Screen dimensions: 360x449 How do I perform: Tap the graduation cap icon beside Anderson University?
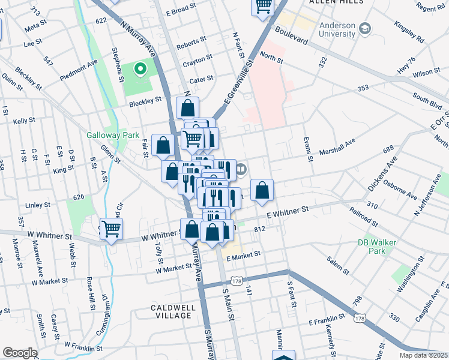pyautogui.click(x=364, y=29)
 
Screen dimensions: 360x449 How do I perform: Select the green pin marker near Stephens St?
pyautogui.click(x=140, y=70)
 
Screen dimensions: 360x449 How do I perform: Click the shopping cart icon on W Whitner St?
pyautogui.click(x=111, y=228)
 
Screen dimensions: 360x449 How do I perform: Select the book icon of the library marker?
pyautogui.click(x=241, y=170)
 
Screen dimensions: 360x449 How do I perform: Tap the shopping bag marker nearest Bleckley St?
pyautogui.click(x=187, y=109)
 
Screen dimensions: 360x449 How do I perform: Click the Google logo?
pyautogui.click(x=20, y=353)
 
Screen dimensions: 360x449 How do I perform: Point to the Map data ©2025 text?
pyautogui.click(x=423, y=355)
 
